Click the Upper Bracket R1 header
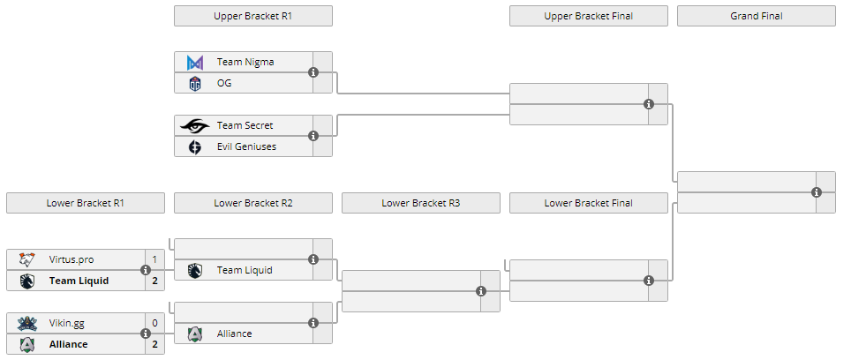[252, 16]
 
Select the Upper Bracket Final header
[588, 16]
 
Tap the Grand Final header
[756, 16]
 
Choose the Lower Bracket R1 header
[85, 203]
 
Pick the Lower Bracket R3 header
[420, 203]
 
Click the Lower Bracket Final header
[588, 203]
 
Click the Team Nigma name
[245, 62]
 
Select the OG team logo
[195, 83]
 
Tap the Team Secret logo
[195, 125]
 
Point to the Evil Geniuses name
[246, 146]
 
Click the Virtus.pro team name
[72, 259]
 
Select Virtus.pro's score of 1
[154, 259]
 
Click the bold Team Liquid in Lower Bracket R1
[79, 281]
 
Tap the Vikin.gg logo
[27, 323]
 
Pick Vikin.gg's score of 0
[154, 323]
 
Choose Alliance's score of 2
[154, 344]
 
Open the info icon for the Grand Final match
[817, 192]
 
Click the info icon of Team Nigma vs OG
[313, 72]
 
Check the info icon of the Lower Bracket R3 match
[481, 291]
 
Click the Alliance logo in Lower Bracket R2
[195, 334]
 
